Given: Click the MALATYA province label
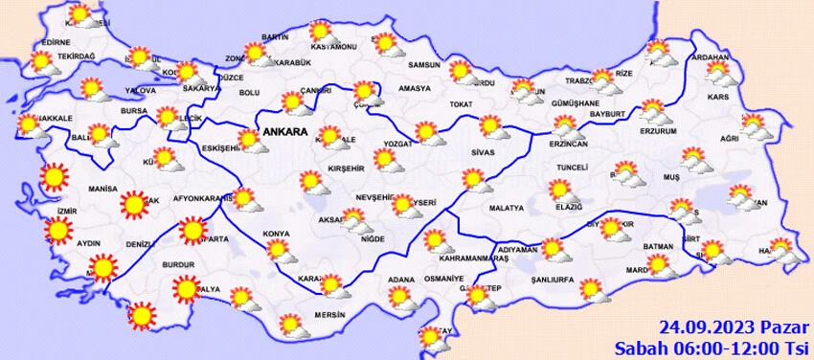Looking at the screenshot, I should pos(505,208).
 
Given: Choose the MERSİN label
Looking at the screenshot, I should pos(327,313).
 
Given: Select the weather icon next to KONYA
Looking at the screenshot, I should pos(280,249).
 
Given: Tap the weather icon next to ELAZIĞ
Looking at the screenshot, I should pos(560,189).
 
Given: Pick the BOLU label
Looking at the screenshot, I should pos(249,92).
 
